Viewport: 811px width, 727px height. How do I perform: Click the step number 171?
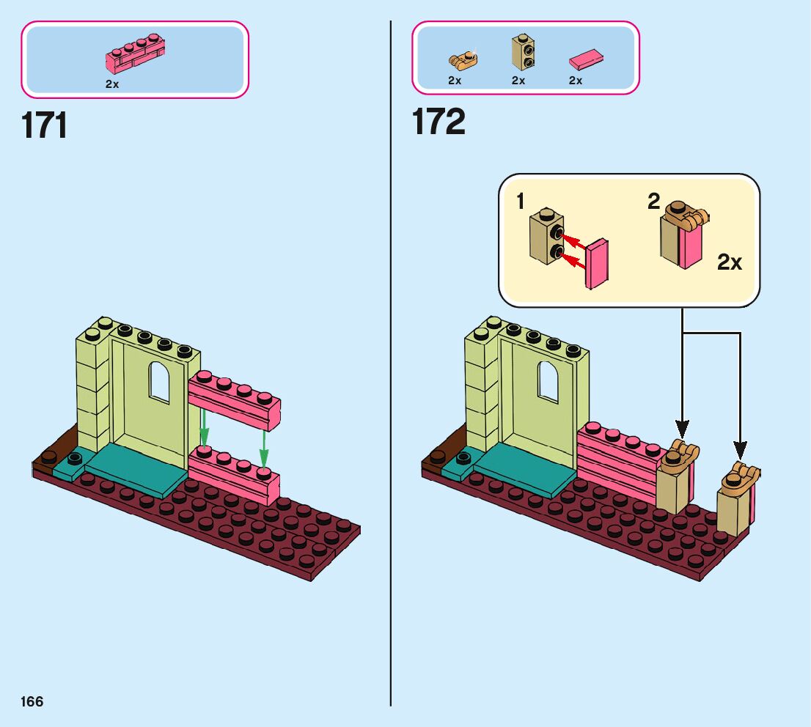(45, 125)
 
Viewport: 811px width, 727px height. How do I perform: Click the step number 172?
(438, 122)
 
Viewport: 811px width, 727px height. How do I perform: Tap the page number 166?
(32, 701)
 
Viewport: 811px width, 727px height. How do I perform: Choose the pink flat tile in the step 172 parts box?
(586, 59)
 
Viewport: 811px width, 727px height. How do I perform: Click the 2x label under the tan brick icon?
(518, 81)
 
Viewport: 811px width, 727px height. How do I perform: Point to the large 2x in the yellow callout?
(729, 262)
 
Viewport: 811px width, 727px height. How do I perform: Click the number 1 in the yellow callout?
(521, 202)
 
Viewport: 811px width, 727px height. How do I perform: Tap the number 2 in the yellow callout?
(653, 201)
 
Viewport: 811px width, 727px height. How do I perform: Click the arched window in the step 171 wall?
(159, 382)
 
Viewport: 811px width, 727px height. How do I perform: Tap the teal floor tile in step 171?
(136, 469)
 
